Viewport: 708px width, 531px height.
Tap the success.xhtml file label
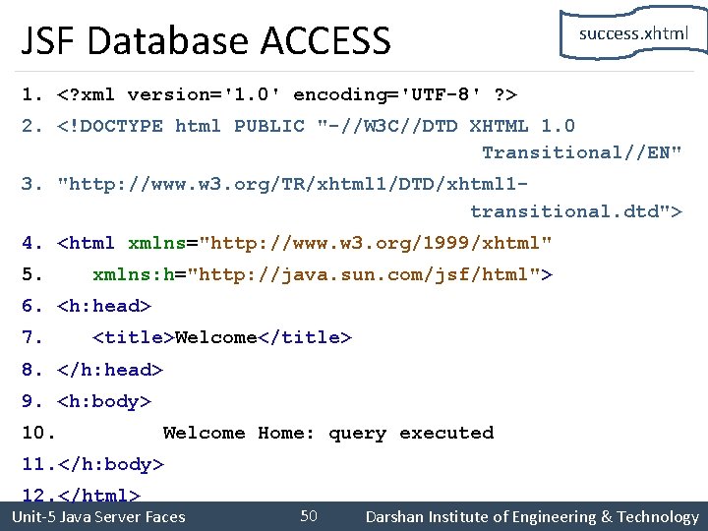[x=633, y=33]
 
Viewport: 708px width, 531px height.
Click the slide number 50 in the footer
[x=309, y=516]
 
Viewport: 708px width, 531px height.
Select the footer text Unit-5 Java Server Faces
[x=97, y=517]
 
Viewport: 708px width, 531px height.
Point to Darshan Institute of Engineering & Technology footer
[x=531, y=517]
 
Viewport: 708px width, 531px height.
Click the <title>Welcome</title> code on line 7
[x=222, y=337]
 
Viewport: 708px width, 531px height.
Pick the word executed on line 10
[x=446, y=433]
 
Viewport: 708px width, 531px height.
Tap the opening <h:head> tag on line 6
[x=104, y=306]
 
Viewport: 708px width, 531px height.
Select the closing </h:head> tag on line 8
[x=110, y=370]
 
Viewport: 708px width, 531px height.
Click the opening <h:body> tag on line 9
[x=104, y=401]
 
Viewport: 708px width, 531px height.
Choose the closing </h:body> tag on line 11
[x=110, y=464]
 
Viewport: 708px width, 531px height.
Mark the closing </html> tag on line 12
[x=98, y=496]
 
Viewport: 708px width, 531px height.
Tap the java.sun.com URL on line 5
[x=364, y=274]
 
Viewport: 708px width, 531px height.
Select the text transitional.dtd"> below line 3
[x=576, y=211]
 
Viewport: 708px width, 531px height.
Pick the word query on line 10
[x=357, y=433]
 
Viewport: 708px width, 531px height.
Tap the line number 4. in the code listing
[x=33, y=243]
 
